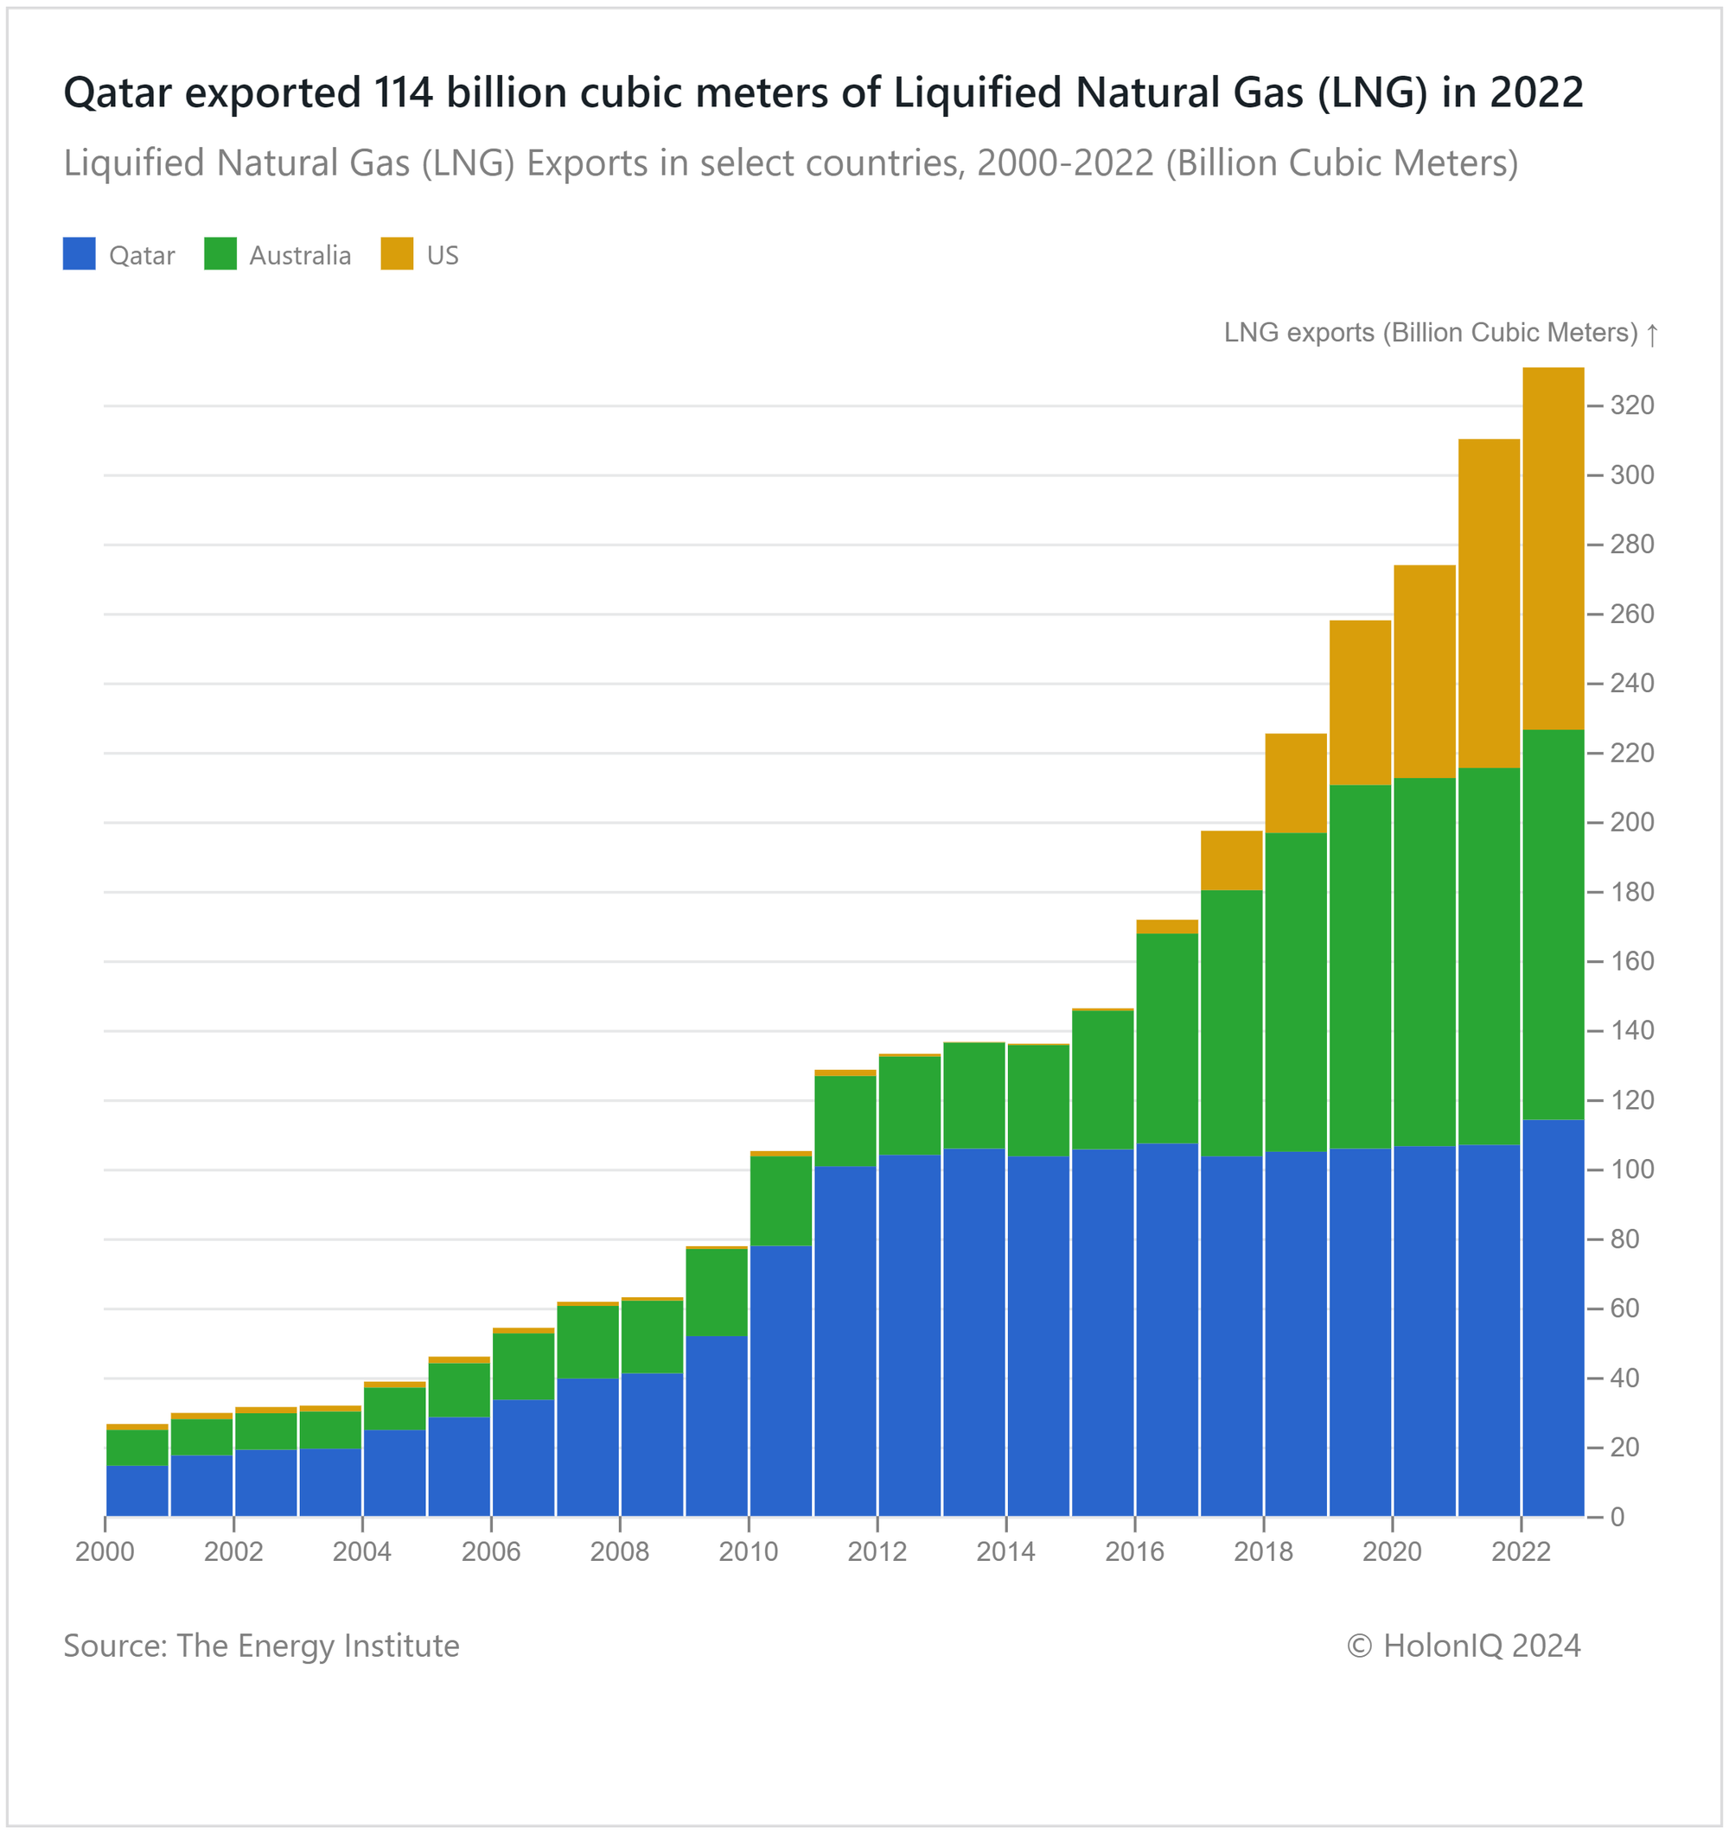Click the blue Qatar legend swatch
click(x=80, y=254)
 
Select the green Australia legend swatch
click(x=220, y=254)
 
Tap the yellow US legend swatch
click(x=397, y=254)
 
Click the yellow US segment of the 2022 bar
click(x=1553, y=549)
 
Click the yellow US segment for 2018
click(x=1295, y=783)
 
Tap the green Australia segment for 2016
click(x=1167, y=1039)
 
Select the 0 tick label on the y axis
click(x=1617, y=1517)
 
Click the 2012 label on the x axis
click(x=877, y=1551)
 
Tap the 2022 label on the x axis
click(x=1522, y=1551)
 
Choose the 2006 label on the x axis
click(x=491, y=1551)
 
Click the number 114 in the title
click(x=404, y=92)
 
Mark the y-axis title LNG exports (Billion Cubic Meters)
click(x=1430, y=333)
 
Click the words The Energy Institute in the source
click(x=317, y=1646)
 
